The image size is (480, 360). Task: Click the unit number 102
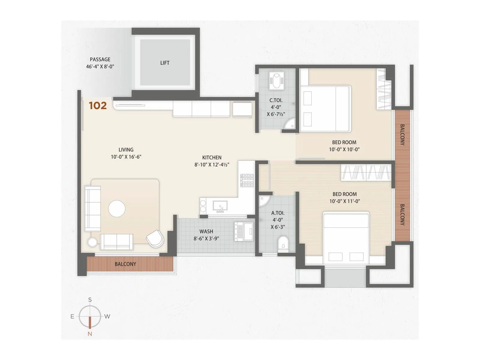click(98, 106)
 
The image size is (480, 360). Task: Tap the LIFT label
click(165, 63)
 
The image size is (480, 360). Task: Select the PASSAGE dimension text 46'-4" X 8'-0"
click(100, 67)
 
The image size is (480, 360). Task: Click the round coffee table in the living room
click(117, 208)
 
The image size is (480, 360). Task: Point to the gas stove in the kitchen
click(247, 181)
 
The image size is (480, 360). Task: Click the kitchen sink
click(220, 206)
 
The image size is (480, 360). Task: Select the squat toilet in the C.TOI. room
click(275, 80)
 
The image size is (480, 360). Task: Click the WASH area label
click(206, 232)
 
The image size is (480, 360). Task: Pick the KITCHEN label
click(212, 157)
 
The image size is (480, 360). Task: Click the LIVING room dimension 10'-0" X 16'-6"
click(126, 157)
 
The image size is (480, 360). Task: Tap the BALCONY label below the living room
click(125, 264)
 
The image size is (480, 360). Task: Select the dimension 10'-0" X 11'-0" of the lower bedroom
click(344, 201)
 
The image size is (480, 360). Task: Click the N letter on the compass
click(90, 334)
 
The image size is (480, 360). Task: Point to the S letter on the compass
click(90, 300)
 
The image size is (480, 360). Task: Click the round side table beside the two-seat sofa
click(92, 242)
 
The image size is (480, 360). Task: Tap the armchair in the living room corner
click(155, 238)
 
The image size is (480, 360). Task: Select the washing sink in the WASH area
click(248, 232)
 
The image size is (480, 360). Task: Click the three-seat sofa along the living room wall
click(92, 208)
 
